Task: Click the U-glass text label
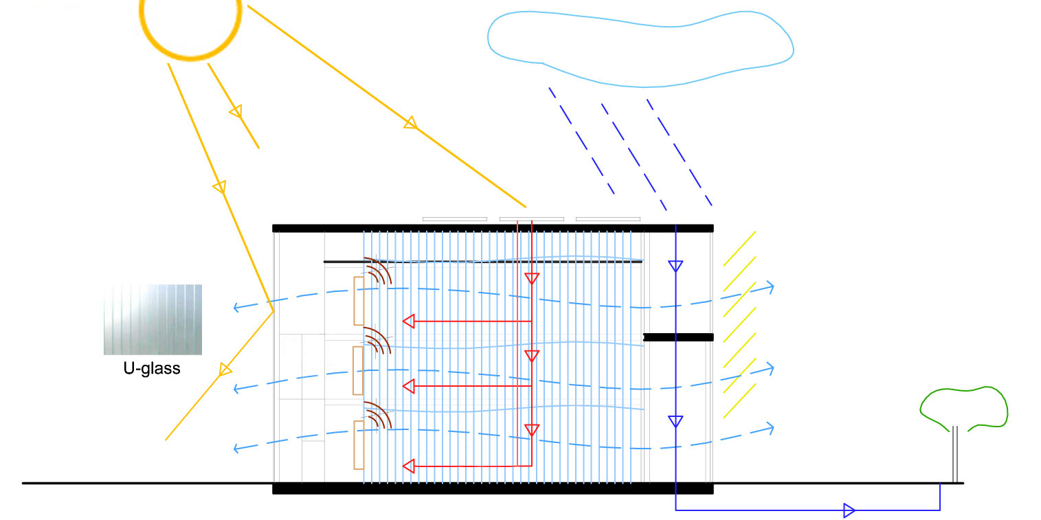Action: (x=152, y=368)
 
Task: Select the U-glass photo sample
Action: (x=153, y=319)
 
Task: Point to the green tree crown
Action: (x=964, y=407)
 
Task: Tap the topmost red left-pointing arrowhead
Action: (x=408, y=321)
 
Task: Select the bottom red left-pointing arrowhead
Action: (x=408, y=466)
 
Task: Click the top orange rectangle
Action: (x=359, y=300)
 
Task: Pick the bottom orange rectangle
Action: (x=359, y=444)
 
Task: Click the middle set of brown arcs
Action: (x=377, y=340)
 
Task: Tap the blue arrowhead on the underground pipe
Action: (x=849, y=510)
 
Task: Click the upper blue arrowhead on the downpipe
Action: (x=675, y=266)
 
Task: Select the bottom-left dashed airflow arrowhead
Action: (x=238, y=449)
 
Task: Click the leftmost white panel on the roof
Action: (x=455, y=219)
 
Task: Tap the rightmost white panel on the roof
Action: (x=607, y=219)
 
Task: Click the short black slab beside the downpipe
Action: (x=678, y=337)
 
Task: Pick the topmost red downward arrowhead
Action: (x=532, y=278)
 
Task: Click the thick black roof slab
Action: (x=493, y=228)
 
